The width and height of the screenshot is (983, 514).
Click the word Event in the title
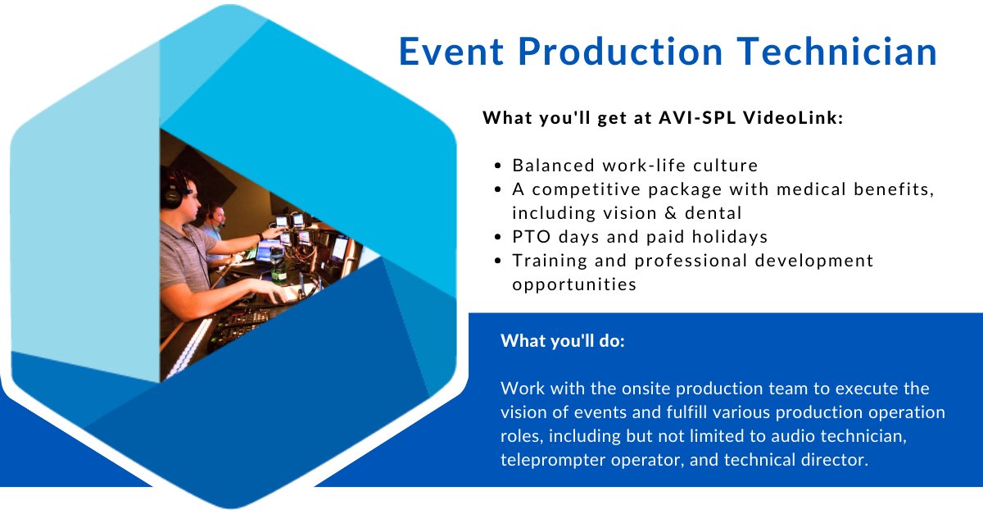(451, 52)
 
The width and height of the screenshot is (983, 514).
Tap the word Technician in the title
(837, 52)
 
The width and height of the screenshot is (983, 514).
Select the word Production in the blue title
(620, 52)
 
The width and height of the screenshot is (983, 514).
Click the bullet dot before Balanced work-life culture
(497, 166)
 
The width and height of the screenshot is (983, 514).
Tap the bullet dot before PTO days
(497, 237)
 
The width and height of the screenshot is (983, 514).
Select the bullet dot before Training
(497, 261)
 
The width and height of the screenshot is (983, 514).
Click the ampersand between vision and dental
(671, 213)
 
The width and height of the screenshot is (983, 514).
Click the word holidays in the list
(730, 237)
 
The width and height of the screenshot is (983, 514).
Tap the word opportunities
(574, 284)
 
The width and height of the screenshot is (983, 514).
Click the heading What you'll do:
(563, 341)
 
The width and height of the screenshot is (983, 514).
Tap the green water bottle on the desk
(277, 265)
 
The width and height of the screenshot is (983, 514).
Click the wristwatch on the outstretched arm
(260, 236)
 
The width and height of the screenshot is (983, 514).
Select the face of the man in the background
(219, 216)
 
